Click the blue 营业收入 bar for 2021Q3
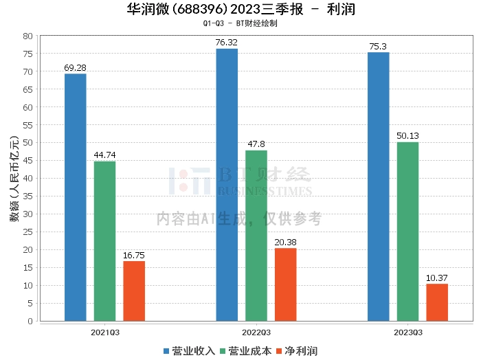point(75,197)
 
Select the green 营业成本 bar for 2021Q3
point(104,241)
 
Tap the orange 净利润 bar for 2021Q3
point(134,291)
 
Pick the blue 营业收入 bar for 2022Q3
point(227,185)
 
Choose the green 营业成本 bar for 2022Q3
point(256,236)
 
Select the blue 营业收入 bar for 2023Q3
point(378,186)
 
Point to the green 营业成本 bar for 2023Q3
point(407,232)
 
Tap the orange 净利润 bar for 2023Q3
point(437,302)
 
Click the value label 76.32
point(227,43)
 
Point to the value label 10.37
point(437,278)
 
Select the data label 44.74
point(104,155)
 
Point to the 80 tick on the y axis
point(28,36)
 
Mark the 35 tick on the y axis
point(28,196)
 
